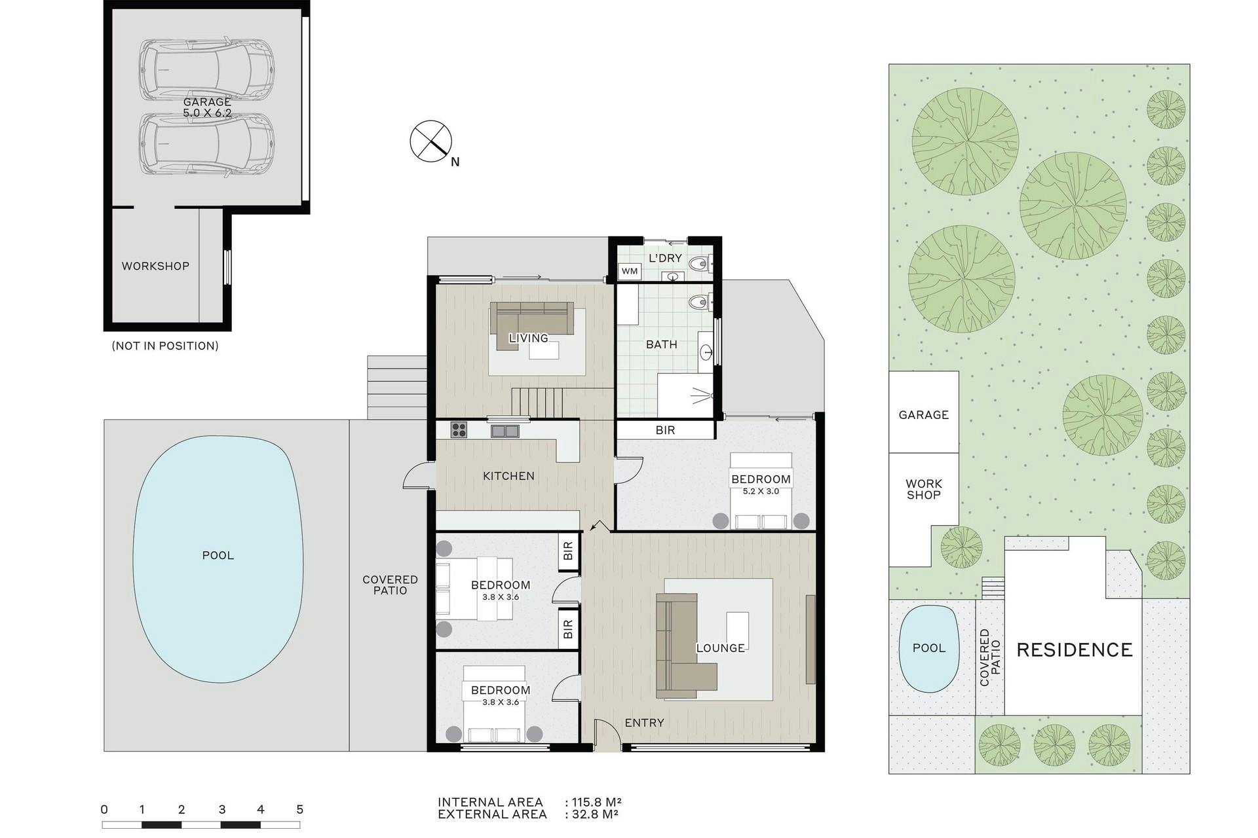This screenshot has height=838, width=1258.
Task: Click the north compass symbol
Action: coord(431,141)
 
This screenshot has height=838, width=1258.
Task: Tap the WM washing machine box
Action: coord(630,271)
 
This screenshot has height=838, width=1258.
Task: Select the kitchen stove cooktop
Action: coord(459,430)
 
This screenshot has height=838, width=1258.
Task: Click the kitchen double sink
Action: coord(505,431)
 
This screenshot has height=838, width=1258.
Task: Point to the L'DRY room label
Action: coord(665,258)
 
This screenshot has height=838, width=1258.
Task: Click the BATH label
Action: coord(662,344)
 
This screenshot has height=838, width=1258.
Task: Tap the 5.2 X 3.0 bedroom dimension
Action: coord(761,491)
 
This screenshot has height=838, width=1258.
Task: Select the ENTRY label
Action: coord(644,723)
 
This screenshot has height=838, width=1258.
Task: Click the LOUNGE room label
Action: coord(720,648)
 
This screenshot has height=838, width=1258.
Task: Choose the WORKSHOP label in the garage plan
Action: coord(155,266)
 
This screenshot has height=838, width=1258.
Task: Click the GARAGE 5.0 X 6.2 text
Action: coord(207,107)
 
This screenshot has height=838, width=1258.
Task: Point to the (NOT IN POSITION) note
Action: coord(165,346)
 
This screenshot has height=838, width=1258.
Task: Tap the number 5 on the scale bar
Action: coord(300,809)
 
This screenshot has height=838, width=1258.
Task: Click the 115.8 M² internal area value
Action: coord(596,802)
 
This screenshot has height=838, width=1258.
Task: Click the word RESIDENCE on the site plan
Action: coord(1075,649)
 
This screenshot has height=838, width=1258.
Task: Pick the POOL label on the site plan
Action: coord(929,648)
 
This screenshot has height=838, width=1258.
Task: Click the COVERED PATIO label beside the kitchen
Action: coord(391,585)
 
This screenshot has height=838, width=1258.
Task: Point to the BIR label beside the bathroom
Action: coord(665,430)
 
